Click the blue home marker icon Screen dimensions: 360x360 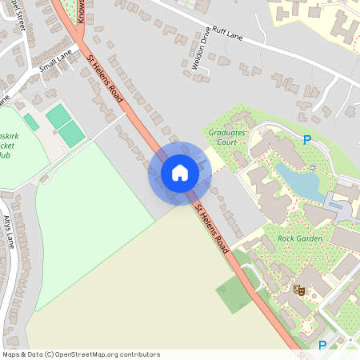180,172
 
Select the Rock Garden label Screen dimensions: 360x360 299,238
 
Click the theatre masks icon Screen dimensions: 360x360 300,290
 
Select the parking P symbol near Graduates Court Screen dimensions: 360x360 307,140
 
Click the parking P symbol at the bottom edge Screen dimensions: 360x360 322,345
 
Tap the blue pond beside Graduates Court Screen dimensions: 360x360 300,182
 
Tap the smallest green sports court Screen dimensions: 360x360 30,122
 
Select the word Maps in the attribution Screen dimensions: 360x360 11,354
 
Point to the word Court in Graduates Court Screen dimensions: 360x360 228,143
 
